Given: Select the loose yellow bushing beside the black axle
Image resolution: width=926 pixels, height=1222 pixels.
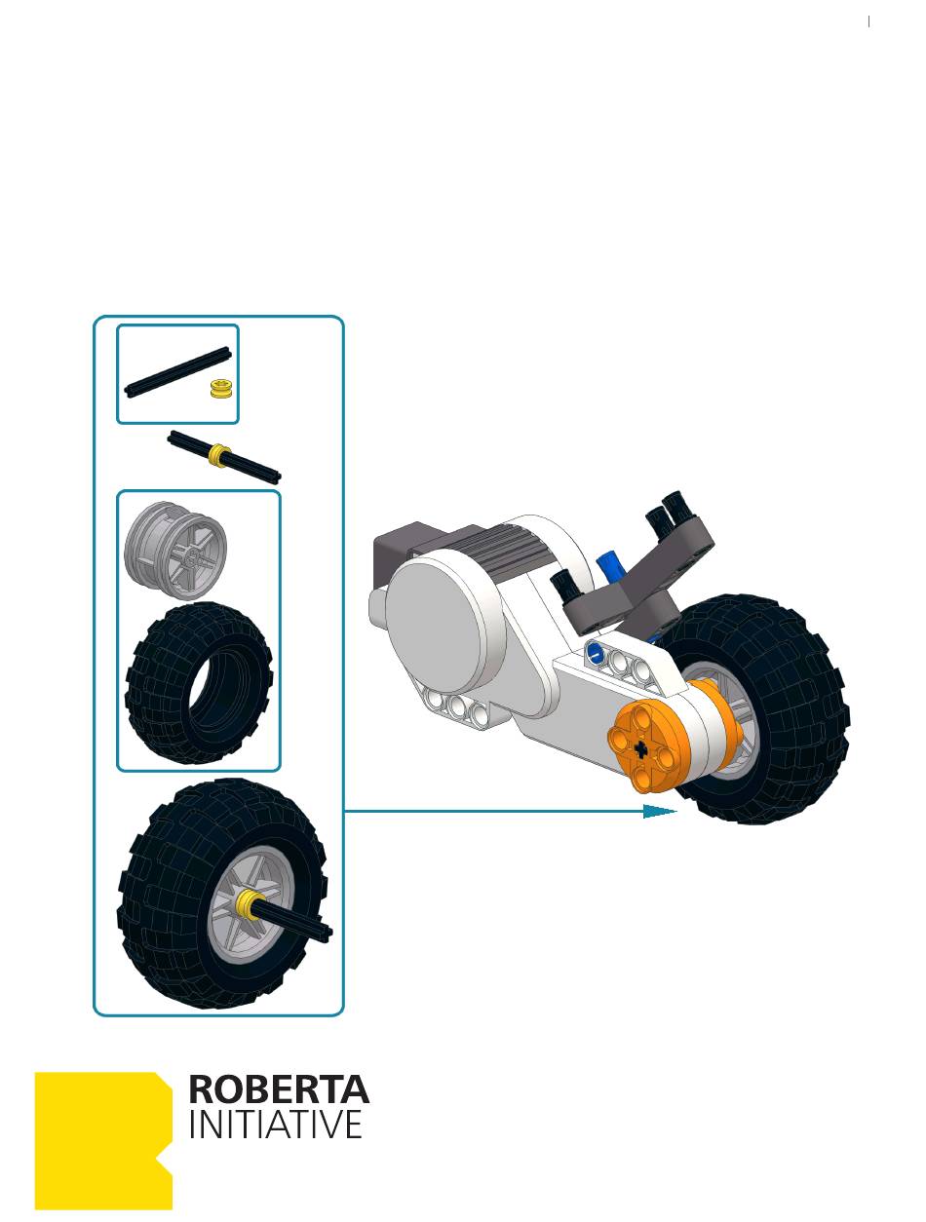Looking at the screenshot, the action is tap(221, 388).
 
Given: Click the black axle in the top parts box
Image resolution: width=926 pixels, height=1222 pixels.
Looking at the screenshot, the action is tap(177, 372).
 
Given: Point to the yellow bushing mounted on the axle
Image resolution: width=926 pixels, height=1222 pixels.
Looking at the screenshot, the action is tap(219, 456).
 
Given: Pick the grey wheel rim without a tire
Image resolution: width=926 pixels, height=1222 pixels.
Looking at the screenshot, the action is tap(175, 550).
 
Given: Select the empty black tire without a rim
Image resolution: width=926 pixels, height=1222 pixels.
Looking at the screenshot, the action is tap(199, 683).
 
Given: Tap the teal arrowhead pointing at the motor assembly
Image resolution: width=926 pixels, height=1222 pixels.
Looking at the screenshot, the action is tap(659, 811).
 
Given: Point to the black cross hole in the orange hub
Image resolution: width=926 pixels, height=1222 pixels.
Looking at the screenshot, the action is tap(641, 748).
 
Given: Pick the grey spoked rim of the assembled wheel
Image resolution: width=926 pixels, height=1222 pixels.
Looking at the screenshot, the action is tap(252, 904).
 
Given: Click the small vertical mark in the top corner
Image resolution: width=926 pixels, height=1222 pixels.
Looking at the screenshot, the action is tap(868, 21).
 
